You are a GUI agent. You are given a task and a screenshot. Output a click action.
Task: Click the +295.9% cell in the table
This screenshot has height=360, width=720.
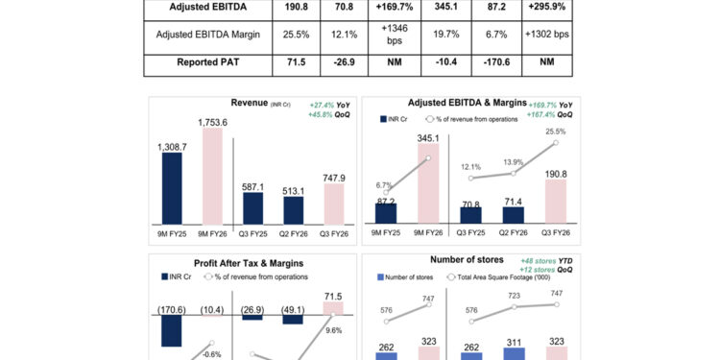pyautogui.click(x=547, y=8)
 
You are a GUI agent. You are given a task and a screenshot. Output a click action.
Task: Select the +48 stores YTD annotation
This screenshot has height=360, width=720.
pyautogui.click(x=545, y=260)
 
